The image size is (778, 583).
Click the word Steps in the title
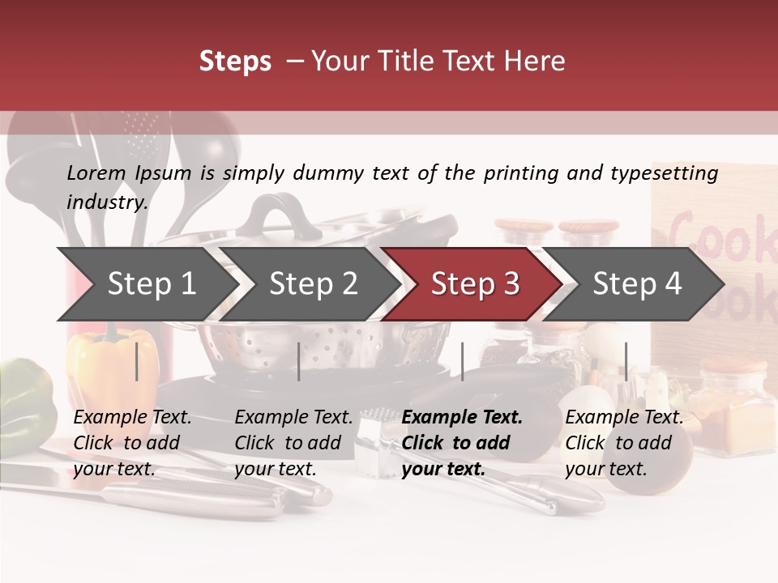pos(235,62)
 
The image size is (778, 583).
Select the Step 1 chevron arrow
pos(146,283)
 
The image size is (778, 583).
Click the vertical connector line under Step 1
pos(137,361)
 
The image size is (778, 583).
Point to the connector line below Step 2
pos(299,361)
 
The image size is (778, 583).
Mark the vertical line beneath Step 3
pos(462,361)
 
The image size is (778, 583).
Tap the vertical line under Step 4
pos(626,361)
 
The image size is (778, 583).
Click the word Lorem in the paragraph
pos(96,173)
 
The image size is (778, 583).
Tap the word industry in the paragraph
pos(105,202)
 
